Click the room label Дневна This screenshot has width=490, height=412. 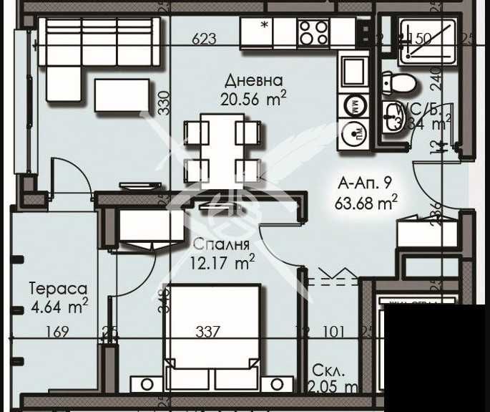point(253,80)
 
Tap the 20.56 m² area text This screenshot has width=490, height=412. point(253,100)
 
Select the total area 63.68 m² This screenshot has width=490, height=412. point(366,203)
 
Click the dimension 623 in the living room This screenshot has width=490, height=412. point(204,39)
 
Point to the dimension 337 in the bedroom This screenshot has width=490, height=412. point(207,332)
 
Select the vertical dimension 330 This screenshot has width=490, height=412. point(163,103)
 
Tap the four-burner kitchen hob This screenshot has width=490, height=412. point(313,32)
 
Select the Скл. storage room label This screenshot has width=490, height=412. point(328,371)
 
